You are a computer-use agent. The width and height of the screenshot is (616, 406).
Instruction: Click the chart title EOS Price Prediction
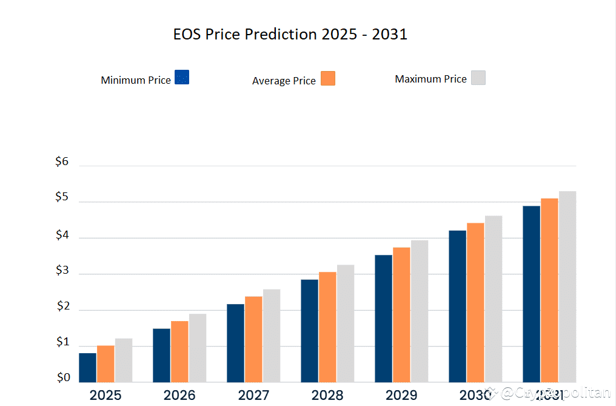[x=290, y=35]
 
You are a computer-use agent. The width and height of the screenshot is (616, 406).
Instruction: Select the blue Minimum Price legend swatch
[x=182, y=77]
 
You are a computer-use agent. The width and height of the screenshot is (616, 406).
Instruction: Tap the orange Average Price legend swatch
[x=328, y=78]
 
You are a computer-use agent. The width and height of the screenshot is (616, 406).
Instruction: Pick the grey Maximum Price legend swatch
[x=478, y=78]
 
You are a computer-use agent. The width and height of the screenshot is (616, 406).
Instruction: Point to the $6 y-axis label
[x=62, y=162]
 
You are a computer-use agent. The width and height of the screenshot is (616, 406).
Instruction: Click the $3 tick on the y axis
[x=62, y=271]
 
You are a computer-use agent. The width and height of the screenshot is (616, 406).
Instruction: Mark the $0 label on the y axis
[x=64, y=378]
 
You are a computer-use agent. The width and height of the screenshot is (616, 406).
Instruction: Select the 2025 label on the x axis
[x=105, y=396]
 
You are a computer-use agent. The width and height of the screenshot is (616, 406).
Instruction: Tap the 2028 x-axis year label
[x=327, y=396]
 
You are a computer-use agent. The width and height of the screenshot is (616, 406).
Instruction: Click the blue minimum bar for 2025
[x=87, y=368]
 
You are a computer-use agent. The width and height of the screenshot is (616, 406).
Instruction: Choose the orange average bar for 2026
[x=179, y=351]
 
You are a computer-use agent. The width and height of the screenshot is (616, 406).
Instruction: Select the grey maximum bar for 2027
[x=272, y=336]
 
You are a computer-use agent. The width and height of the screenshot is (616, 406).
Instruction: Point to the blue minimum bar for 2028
[x=309, y=331]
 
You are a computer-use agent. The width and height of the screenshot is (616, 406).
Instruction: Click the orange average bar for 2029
[x=401, y=314]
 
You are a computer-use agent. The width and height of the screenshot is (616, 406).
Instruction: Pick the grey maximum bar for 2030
[x=494, y=299]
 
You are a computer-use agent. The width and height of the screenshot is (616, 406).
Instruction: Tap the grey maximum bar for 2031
[x=567, y=286]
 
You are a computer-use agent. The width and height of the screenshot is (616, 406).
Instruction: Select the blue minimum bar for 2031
[x=531, y=294]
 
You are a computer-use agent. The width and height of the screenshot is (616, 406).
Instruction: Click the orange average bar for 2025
[x=105, y=364]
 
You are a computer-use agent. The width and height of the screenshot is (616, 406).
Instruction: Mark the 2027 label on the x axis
[x=253, y=396]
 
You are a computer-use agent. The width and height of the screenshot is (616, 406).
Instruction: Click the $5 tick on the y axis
[x=62, y=198]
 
